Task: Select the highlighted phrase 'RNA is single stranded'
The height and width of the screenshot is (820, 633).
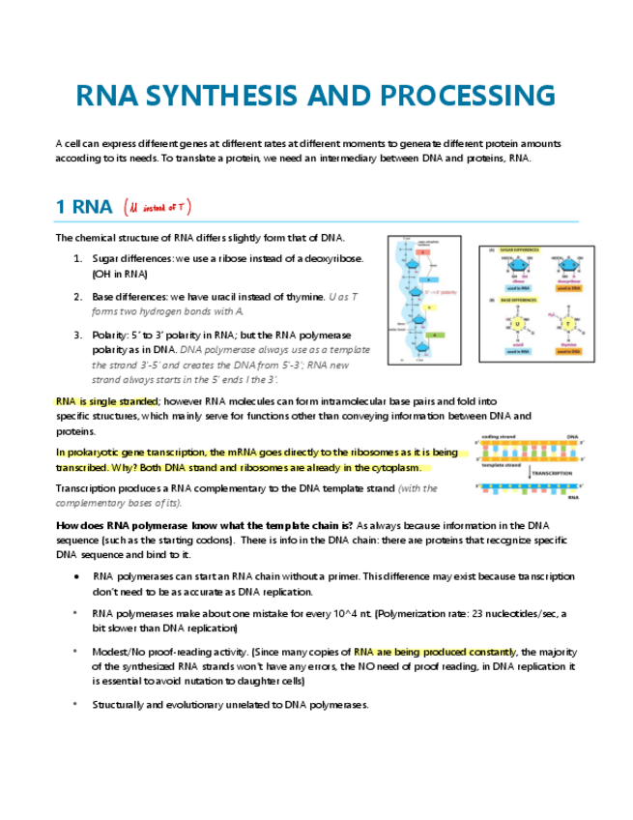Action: click(x=107, y=400)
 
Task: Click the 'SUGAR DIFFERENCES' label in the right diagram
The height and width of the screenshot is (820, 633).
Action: click(x=520, y=249)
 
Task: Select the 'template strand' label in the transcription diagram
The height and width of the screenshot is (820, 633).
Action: click(x=501, y=465)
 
